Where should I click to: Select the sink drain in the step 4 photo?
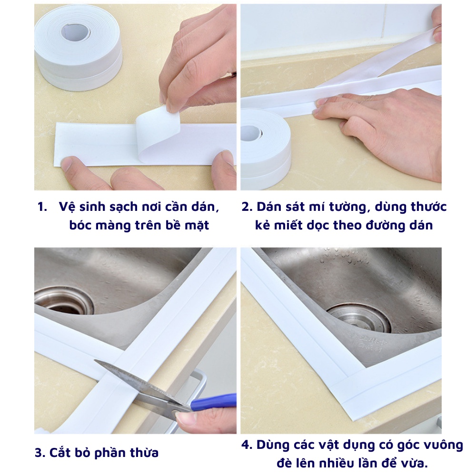click(358, 317)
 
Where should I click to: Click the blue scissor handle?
click(214, 401)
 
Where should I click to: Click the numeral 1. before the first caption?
click(42, 207)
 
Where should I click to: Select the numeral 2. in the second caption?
click(247, 207)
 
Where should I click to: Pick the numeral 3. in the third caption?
click(40, 453)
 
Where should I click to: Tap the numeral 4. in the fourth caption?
click(247, 445)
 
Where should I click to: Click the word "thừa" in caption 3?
click(145, 453)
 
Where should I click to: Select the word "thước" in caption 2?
click(428, 207)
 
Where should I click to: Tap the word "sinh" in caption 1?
click(90, 207)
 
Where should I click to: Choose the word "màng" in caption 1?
click(112, 226)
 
